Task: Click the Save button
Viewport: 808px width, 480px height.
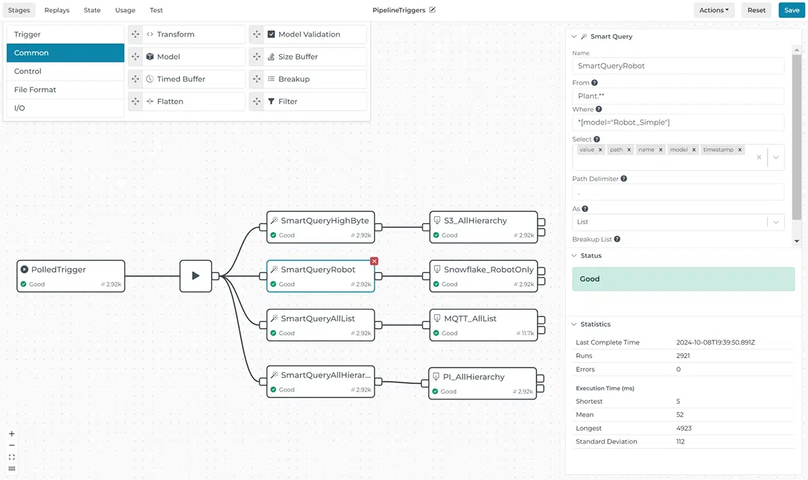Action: click(x=791, y=10)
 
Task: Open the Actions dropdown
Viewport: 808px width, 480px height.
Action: click(x=714, y=10)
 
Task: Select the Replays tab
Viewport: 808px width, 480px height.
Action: click(x=57, y=10)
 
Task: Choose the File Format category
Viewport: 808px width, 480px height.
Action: click(x=35, y=90)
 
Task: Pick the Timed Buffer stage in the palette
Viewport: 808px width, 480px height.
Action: click(x=181, y=79)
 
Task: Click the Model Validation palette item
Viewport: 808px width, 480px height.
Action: click(x=309, y=34)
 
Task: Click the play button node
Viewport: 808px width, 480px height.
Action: click(x=196, y=276)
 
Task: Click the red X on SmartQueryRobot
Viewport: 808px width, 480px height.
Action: click(x=374, y=261)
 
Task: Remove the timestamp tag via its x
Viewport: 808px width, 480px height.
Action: click(x=740, y=149)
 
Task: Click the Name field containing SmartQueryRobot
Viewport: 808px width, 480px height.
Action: click(x=677, y=66)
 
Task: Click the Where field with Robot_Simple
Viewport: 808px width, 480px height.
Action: click(x=677, y=122)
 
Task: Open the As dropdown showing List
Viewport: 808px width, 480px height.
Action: click(x=677, y=222)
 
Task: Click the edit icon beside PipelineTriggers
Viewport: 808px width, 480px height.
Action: click(x=432, y=10)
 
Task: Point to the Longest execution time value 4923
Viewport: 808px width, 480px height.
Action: click(x=684, y=428)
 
